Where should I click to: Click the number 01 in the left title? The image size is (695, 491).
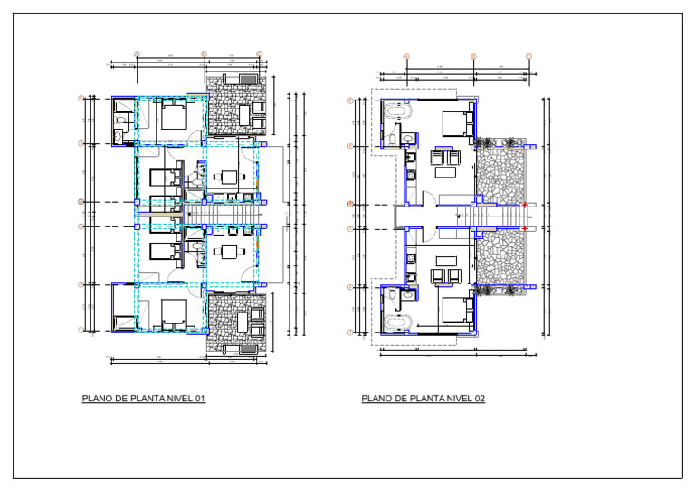click(199, 399)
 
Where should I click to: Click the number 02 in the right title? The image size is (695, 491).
click(479, 399)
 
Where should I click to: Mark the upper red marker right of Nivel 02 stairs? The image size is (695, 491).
click(526, 205)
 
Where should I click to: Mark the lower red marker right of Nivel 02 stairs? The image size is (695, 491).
click(526, 229)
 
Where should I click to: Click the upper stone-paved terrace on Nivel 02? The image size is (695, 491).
click(500, 176)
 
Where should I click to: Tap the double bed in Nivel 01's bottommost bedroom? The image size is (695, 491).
click(173, 314)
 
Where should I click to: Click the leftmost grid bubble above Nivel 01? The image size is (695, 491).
click(136, 54)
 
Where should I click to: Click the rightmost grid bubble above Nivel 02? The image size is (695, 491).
click(528, 56)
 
